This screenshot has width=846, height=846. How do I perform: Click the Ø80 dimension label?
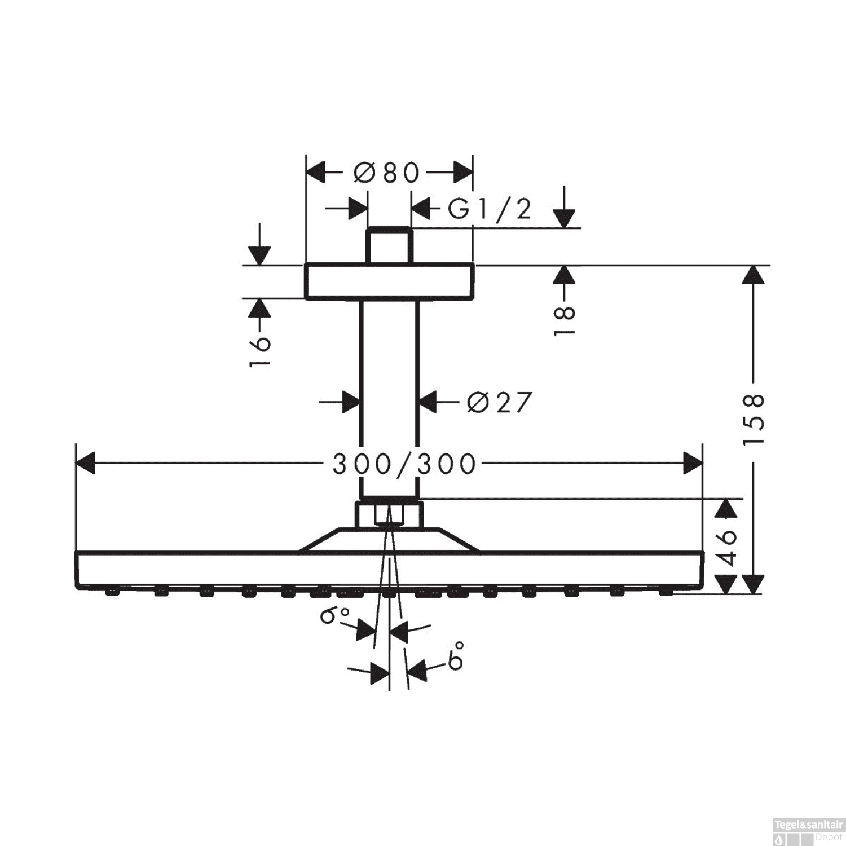click(x=387, y=173)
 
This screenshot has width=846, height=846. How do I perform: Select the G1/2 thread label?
click(x=490, y=210)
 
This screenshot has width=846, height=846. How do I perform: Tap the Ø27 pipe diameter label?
click(x=500, y=402)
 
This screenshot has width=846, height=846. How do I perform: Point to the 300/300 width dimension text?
click(x=404, y=464)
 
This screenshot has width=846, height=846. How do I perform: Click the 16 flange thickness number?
click(x=260, y=351)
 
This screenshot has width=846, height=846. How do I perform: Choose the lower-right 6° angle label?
click(x=456, y=656)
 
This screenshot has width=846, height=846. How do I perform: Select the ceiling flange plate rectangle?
click(x=389, y=281)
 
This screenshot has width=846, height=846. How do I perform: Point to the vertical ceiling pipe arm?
click(x=389, y=395)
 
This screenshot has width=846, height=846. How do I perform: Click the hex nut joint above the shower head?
click(x=388, y=513)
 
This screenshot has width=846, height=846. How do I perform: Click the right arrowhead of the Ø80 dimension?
click(x=462, y=173)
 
